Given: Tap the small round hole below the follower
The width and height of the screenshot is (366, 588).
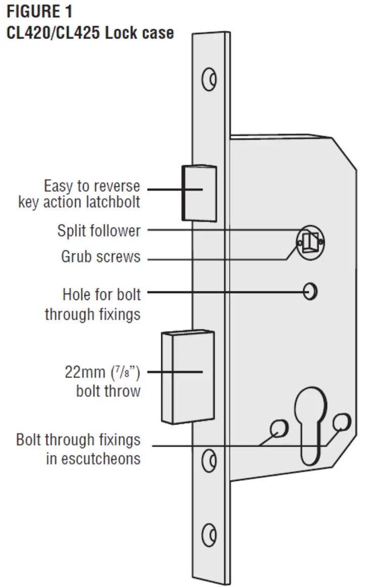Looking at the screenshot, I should (310, 292).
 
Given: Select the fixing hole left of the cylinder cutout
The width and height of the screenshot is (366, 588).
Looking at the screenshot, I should (278, 428).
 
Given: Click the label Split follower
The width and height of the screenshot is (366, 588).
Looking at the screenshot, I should (99, 231).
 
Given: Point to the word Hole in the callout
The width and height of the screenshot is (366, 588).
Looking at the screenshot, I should (76, 293).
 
